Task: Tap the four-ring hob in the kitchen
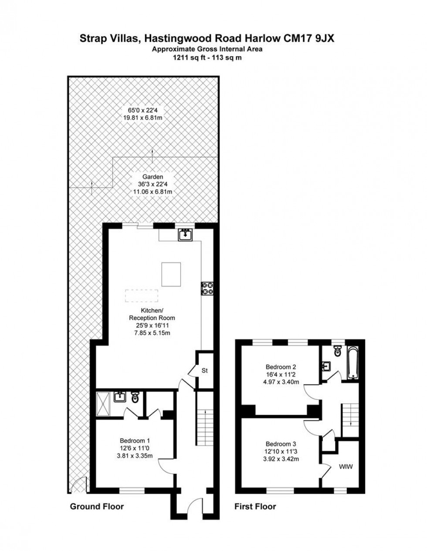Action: [x=207, y=288]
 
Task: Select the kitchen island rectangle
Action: [x=171, y=274]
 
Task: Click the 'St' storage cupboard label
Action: [x=205, y=371]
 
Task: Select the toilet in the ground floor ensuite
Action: [x=135, y=397]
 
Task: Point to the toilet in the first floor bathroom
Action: [x=337, y=351]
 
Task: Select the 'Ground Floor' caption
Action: [x=97, y=507]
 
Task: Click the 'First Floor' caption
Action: [x=255, y=507]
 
